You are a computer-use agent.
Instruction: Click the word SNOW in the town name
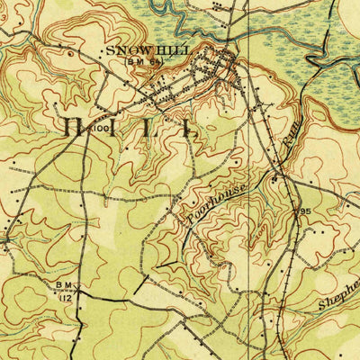[125, 51]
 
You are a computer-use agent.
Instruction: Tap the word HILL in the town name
[170, 51]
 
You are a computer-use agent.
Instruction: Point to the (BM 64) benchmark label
[144, 61]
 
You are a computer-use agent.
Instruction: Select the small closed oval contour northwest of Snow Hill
[71, 54]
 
